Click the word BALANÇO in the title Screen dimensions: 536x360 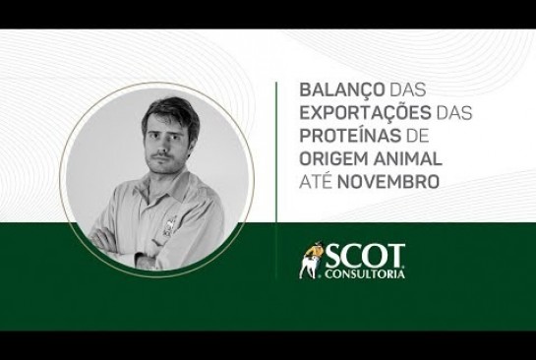point(342,90)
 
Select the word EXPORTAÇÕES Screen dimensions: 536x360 point(365,112)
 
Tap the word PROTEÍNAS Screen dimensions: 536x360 point(350,136)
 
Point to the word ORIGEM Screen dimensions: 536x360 point(333,158)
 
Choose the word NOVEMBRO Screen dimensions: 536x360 point(388,182)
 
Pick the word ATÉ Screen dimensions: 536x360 point(316,181)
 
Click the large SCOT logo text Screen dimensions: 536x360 point(365,256)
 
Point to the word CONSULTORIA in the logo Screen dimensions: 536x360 point(365,274)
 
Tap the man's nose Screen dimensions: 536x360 point(162,145)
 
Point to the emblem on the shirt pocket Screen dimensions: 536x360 point(169,224)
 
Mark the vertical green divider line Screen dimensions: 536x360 point(275,181)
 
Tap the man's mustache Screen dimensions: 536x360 point(161,155)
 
